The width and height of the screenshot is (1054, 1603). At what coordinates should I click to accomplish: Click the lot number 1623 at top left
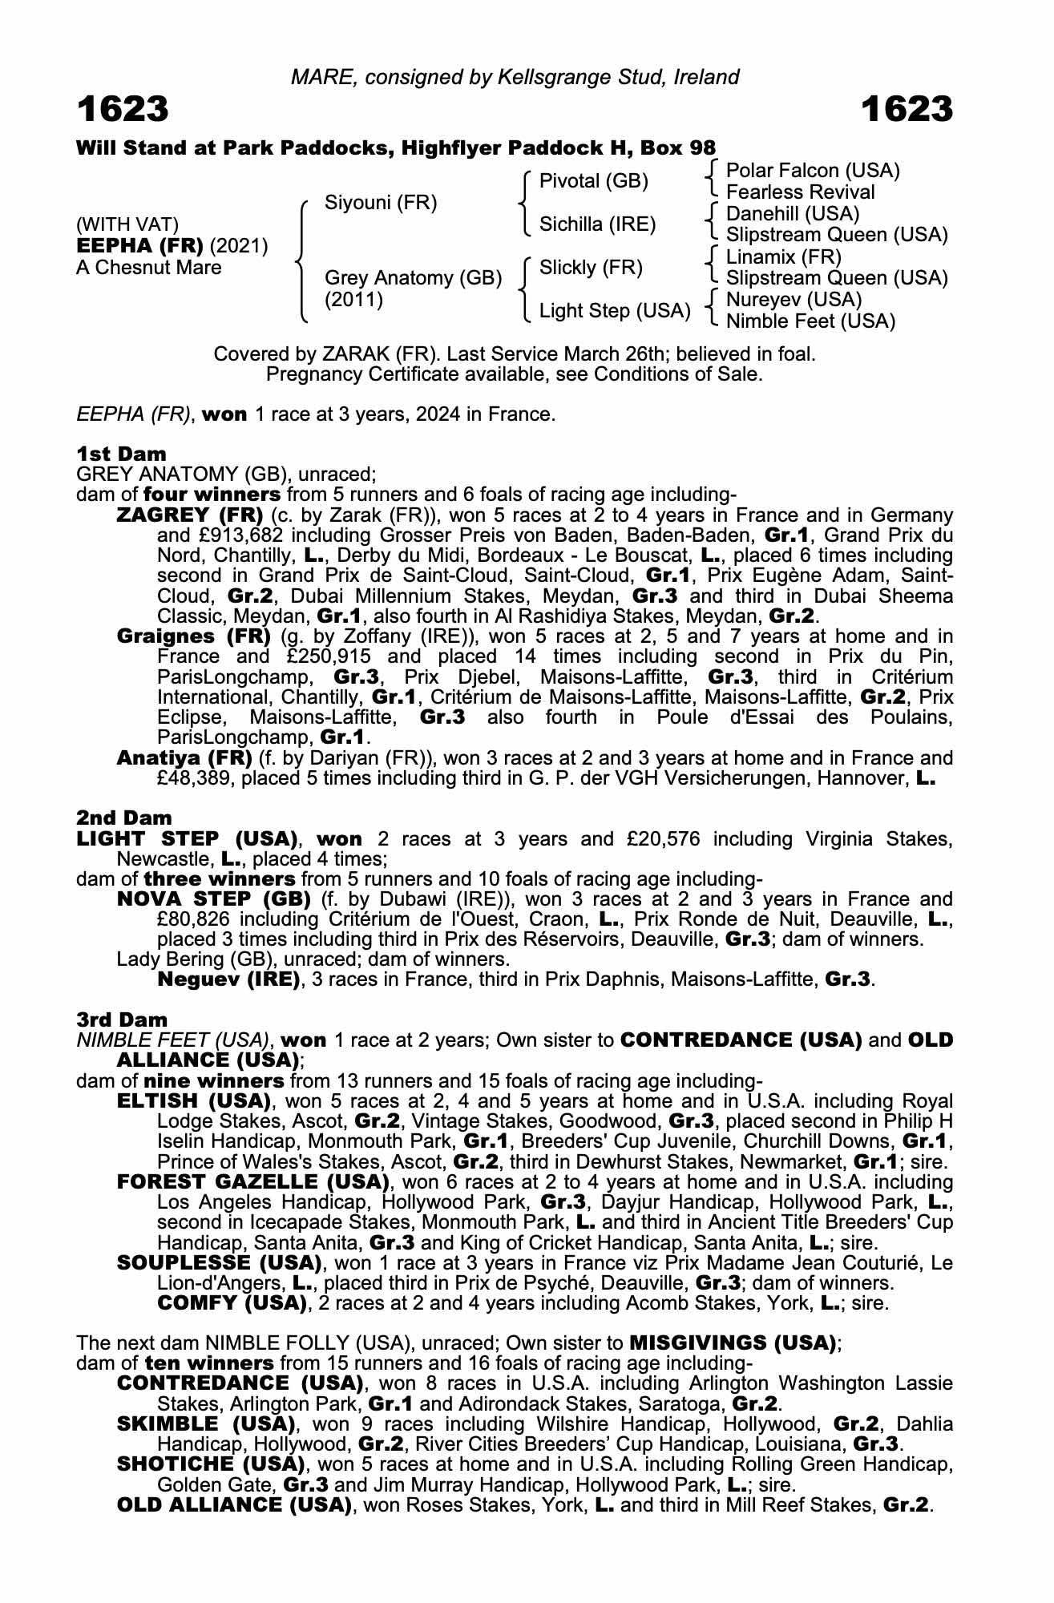[123, 109]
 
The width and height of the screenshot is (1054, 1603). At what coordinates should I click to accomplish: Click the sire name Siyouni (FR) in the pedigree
[381, 203]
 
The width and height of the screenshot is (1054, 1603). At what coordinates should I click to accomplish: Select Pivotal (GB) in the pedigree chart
[593, 181]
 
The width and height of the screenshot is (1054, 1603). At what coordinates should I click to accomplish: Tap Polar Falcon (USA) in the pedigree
[813, 171]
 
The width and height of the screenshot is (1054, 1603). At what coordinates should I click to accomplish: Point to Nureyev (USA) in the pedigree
[794, 300]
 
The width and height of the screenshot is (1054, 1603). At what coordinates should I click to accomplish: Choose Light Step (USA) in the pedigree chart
[615, 311]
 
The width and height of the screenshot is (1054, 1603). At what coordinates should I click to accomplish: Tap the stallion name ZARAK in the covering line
[357, 354]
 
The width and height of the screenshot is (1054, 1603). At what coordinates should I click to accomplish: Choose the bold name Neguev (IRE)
[228, 979]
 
